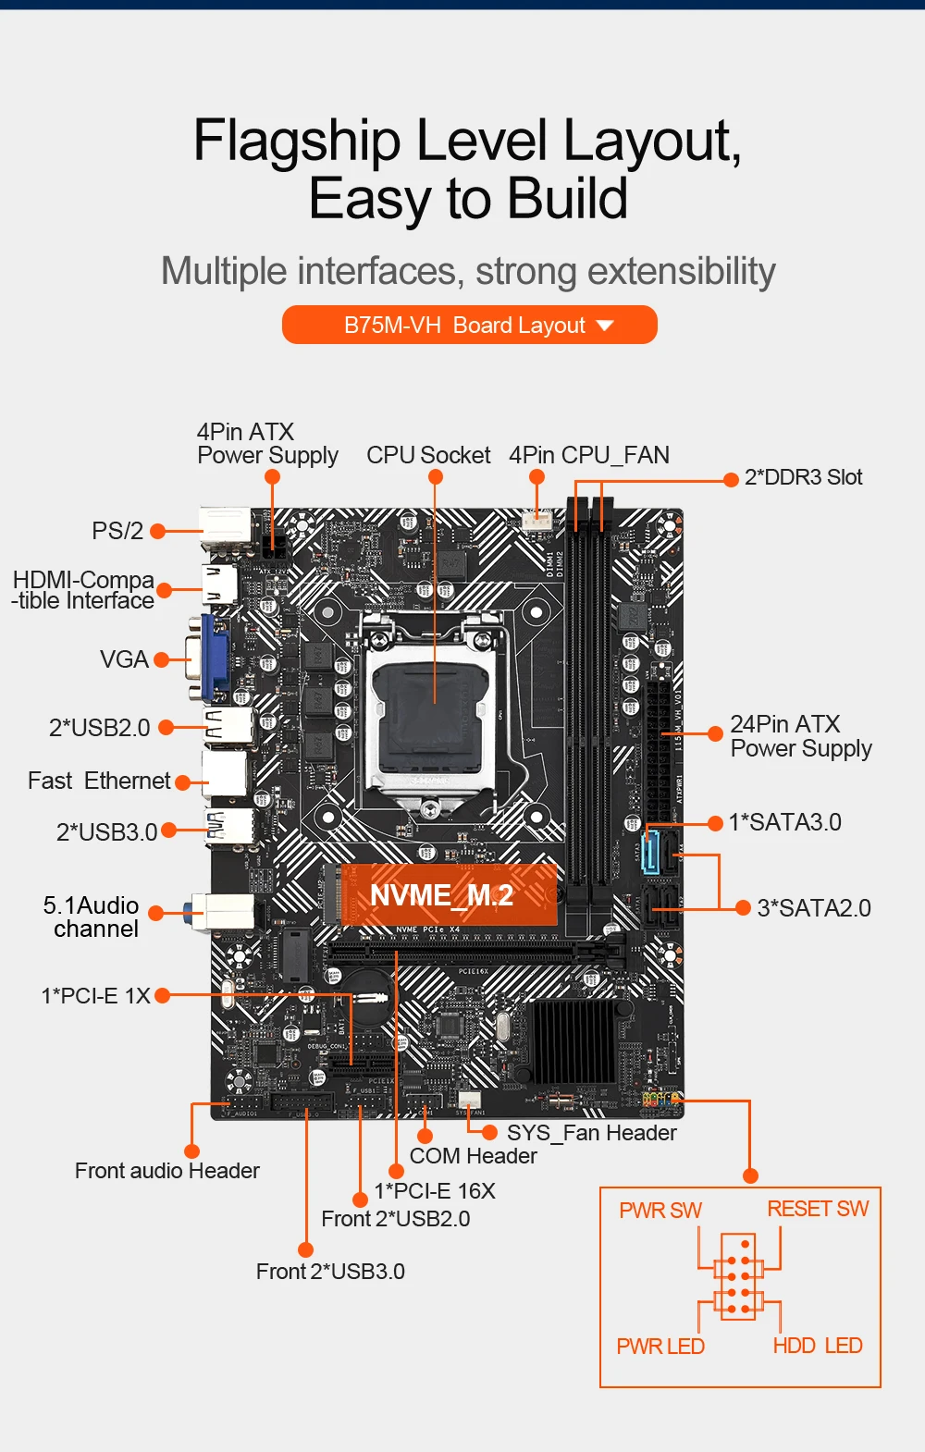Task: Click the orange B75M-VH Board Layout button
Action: [x=469, y=325]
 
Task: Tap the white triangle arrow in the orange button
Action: [x=605, y=326]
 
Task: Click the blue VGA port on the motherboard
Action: [x=212, y=658]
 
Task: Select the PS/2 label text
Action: [x=117, y=531]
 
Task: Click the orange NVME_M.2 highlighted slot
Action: [x=448, y=894]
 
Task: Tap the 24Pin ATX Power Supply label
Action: [x=800, y=736]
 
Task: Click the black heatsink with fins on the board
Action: [x=573, y=1040]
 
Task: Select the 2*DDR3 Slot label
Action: [x=803, y=477]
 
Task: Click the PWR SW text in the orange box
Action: [x=660, y=1211]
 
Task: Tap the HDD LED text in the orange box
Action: [x=818, y=1346]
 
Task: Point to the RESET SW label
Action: [x=818, y=1209]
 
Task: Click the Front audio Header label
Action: [x=166, y=1171]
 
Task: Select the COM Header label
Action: [x=473, y=1156]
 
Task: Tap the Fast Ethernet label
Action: [x=99, y=781]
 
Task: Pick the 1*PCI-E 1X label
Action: [x=95, y=996]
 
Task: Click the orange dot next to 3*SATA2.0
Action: [x=742, y=908]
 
